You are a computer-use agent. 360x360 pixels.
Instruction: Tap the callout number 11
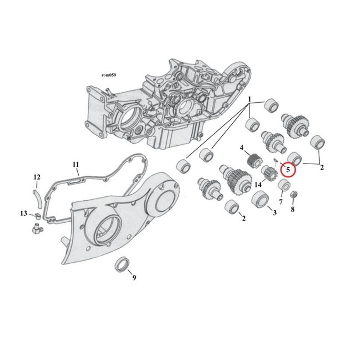tap(76, 165)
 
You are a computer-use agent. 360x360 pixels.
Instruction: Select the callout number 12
tap(37, 177)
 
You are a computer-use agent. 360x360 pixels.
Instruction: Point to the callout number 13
tap(24, 213)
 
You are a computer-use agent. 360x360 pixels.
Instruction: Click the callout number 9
tap(134, 278)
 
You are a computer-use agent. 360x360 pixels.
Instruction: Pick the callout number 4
tap(242, 148)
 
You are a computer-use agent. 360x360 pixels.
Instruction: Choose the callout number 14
tap(258, 184)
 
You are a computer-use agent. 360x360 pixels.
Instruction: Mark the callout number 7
tap(281, 202)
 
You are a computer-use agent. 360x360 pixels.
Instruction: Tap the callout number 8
tap(292, 209)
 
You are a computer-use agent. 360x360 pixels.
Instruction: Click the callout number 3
tap(274, 213)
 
